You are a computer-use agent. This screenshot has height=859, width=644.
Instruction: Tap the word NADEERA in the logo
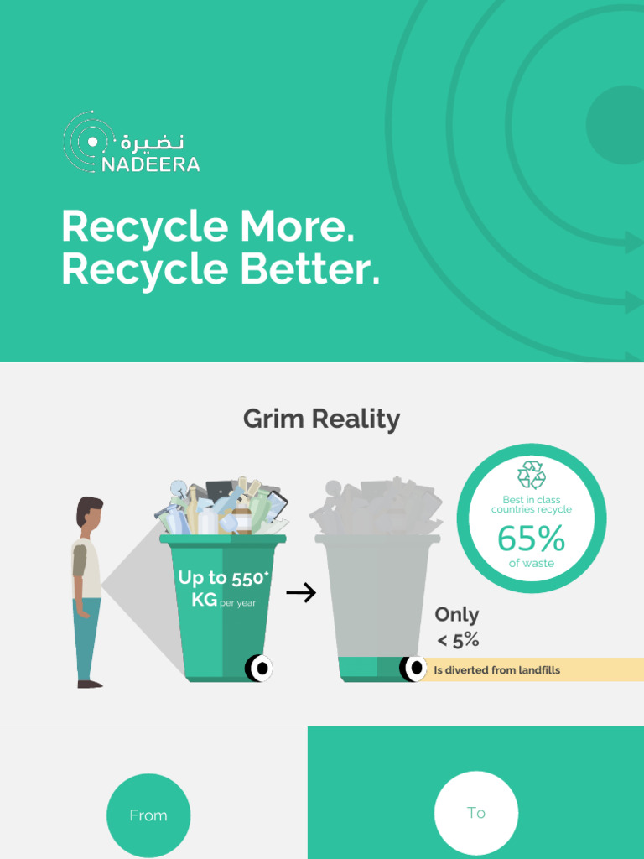coord(151,164)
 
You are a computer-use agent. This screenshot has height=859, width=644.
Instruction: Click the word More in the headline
coord(297,226)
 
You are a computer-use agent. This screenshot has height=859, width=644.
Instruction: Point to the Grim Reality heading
coord(321,419)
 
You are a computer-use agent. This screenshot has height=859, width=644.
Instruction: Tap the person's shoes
coord(89,684)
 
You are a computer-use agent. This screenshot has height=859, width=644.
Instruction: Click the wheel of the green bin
coord(259,669)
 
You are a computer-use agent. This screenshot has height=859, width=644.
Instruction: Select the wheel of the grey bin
coord(413,669)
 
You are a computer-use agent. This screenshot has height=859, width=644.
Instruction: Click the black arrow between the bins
coord(300,594)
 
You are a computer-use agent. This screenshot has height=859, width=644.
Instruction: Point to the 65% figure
coord(531,539)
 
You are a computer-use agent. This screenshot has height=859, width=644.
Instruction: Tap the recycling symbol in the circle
coord(531,475)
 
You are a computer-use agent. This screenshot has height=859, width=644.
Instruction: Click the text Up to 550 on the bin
coord(222,578)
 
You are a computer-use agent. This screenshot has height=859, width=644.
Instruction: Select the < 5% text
coord(458,641)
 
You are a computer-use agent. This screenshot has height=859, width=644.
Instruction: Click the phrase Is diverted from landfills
coord(496,670)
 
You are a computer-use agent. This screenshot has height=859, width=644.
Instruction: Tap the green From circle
coord(148,815)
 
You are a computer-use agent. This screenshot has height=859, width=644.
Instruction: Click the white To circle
coord(476,813)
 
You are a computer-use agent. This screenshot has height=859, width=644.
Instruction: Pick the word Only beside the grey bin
coord(457,615)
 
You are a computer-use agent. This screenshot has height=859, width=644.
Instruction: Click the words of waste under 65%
coord(531,564)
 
